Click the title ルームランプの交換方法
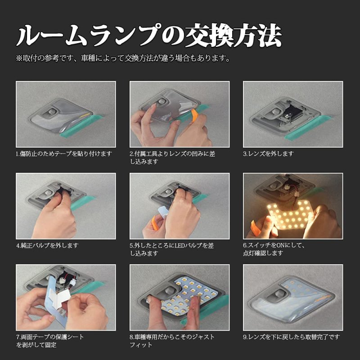(x=148, y=36)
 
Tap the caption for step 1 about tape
(x=63, y=153)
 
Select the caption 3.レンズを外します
(x=268, y=153)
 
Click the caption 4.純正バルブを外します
(x=47, y=245)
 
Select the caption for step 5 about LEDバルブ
(x=172, y=249)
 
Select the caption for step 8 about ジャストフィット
(x=172, y=341)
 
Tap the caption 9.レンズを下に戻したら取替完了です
(x=291, y=337)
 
